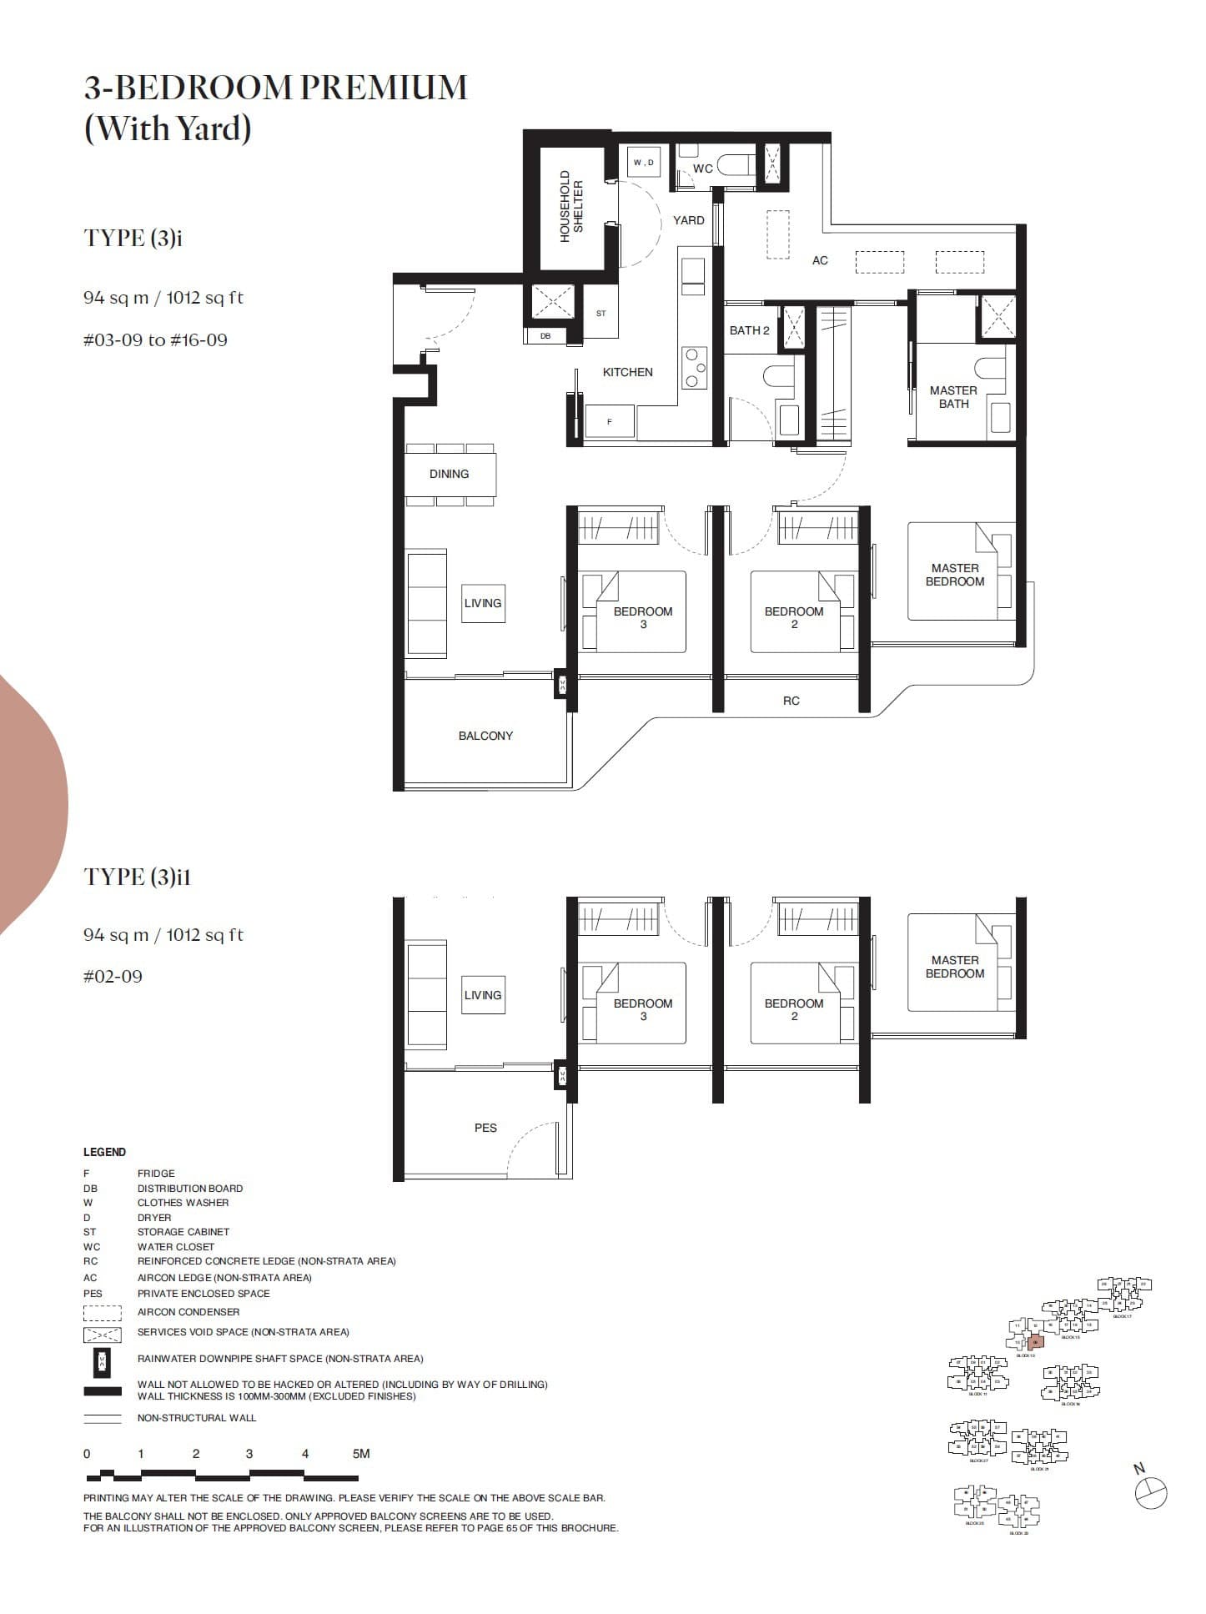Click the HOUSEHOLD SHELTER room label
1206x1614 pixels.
pyautogui.click(x=572, y=207)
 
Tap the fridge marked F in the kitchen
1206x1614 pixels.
pyautogui.click(x=609, y=422)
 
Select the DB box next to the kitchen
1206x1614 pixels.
pyautogui.click(x=545, y=336)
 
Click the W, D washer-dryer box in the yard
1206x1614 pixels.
pyautogui.click(x=643, y=163)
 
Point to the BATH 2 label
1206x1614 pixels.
pyautogui.click(x=749, y=330)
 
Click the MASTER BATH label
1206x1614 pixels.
pyautogui.click(x=953, y=397)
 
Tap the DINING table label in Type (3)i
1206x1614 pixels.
pyautogui.click(x=449, y=474)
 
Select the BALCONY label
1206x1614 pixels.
pyautogui.click(x=485, y=736)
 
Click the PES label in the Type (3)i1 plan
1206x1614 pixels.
pyautogui.click(x=485, y=1128)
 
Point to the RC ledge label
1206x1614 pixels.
pyautogui.click(x=791, y=701)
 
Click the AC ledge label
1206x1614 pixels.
pyautogui.click(x=820, y=260)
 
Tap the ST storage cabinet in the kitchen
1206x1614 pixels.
pyautogui.click(x=601, y=314)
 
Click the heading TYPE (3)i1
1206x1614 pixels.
pyautogui.click(x=138, y=877)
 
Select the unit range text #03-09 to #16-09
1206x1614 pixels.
pyautogui.click(x=155, y=340)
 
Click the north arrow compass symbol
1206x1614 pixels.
pyautogui.click(x=1151, y=1492)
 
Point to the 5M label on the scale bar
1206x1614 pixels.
pyautogui.click(x=360, y=1454)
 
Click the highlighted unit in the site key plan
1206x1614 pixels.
pyautogui.click(x=1035, y=1343)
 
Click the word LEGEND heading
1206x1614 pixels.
pyautogui.click(x=104, y=1152)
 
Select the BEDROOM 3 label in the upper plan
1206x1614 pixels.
pyautogui.click(x=642, y=617)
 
